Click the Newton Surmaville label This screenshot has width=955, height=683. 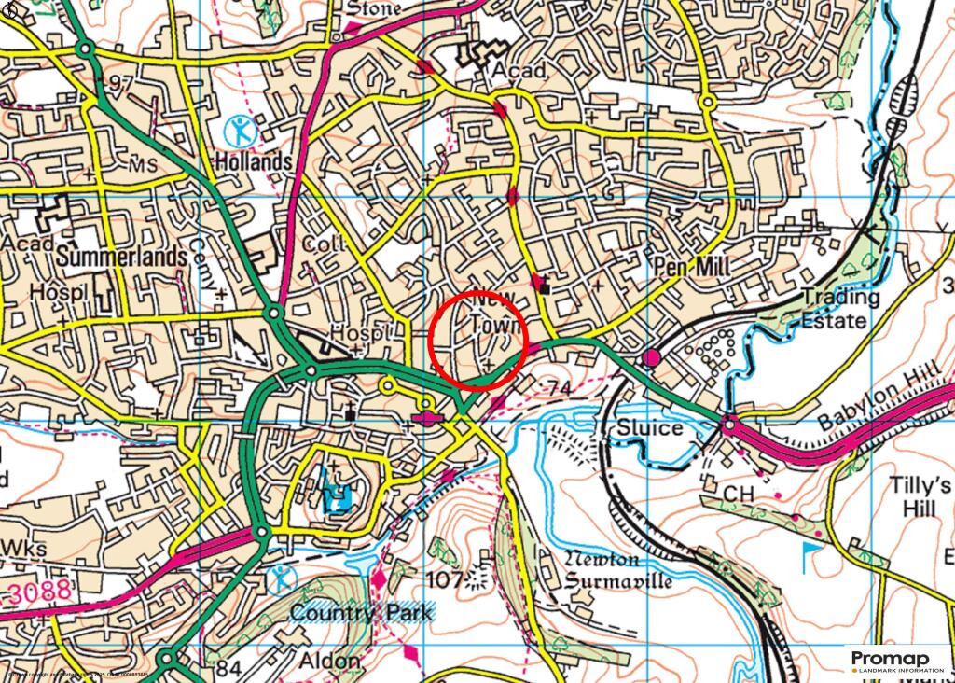(618, 570)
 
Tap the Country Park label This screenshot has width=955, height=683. (361, 613)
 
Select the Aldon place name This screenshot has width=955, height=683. (329, 661)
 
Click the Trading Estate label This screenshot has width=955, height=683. (840, 309)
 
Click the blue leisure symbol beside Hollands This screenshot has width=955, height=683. (241, 130)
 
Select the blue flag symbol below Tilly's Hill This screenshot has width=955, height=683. (808, 558)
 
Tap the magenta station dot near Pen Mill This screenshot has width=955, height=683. (651, 357)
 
